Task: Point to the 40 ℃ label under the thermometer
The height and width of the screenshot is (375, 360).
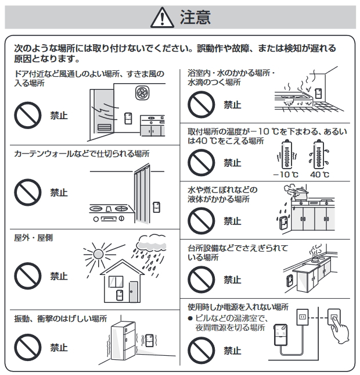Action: click(319, 174)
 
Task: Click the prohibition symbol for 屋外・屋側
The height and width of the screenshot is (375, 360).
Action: click(27, 276)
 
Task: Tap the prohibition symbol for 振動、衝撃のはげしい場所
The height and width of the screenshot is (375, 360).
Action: click(27, 347)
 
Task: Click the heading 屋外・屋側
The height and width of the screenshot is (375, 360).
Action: click(33, 238)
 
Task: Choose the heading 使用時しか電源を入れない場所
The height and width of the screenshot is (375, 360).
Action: click(238, 306)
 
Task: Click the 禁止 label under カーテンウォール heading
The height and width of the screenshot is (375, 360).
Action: click(59, 192)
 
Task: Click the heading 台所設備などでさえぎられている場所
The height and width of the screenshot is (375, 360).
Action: click(238, 252)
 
